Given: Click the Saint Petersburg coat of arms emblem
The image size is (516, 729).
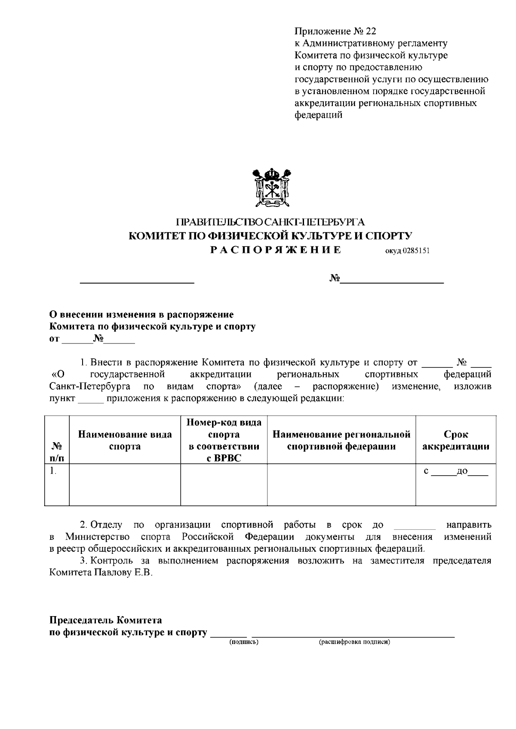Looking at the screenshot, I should click(x=271, y=188).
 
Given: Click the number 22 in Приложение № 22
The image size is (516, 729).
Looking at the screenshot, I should click(x=371, y=31).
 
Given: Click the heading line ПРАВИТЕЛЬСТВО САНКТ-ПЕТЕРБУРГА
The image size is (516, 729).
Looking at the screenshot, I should click(x=270, y=222).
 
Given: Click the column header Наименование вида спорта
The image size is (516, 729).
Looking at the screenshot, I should click(x=125, y=440).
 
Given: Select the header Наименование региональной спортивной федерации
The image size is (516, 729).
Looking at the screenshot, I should click(x=341, y=440).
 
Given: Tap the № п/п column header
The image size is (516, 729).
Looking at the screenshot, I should click(x=57, y=452).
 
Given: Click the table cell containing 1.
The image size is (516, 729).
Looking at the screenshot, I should click(x=57, y=484).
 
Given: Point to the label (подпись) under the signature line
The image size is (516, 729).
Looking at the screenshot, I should click(x=244, y=642).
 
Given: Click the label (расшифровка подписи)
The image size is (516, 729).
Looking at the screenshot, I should click(x=354, y=642).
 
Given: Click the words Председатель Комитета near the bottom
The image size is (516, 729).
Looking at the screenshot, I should click(x=106, y=620).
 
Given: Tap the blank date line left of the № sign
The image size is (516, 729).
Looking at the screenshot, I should click(x=138, y=281).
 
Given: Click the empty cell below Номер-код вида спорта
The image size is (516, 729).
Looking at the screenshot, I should click(x=224, y=484).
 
